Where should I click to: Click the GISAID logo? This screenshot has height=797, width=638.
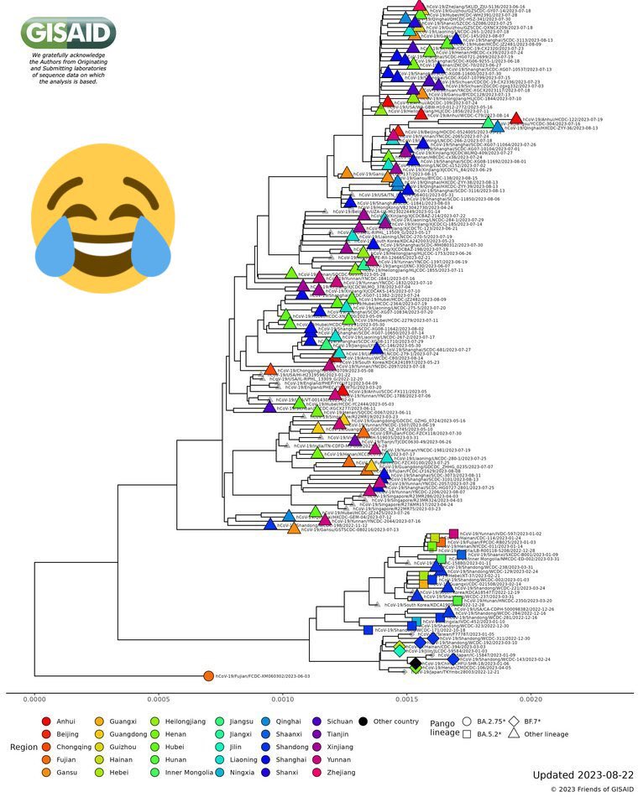(x=68, y=33)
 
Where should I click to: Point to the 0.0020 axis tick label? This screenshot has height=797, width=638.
(x=530, y=697)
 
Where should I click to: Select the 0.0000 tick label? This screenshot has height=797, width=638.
(x=34, y=697)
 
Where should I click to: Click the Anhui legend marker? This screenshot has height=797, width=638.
(x=46, y=721)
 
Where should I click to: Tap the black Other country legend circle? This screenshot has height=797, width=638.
(x=363, y=721)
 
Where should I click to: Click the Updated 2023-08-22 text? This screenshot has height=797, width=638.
(x=583, y=774)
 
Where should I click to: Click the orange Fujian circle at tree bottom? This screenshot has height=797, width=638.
(x=208, y=676)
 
